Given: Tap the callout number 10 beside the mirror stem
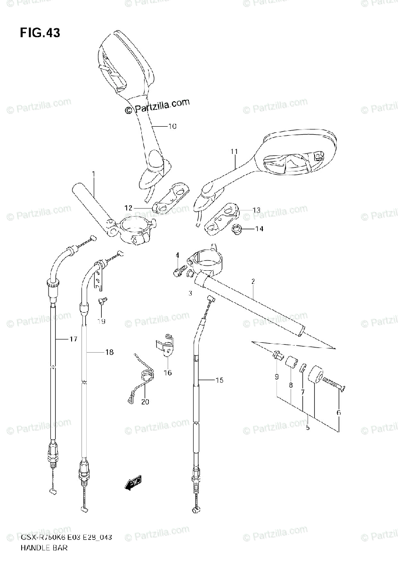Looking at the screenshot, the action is (172, 126).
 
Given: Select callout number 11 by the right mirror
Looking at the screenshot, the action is (234, 151).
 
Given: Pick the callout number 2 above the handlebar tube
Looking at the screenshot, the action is (253, 282).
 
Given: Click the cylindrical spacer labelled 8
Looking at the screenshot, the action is (291, 363).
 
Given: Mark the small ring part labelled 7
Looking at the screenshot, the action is (304, 368).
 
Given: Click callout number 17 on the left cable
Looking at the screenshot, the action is (73, 339).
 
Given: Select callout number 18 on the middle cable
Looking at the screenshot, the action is (109, 352).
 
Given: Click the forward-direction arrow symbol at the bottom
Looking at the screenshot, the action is (133, 484).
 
